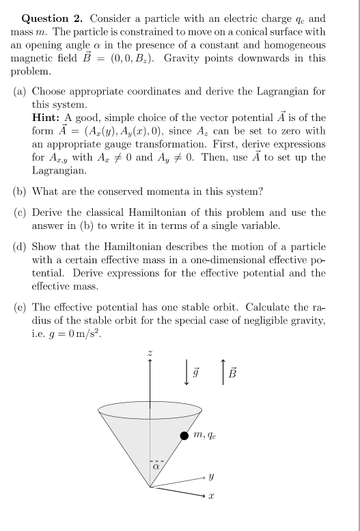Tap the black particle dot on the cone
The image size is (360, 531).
point(184,435)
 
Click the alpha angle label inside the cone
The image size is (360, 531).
point(156,467)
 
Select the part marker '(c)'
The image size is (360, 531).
point(22,213)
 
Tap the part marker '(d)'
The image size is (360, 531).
point(22,246)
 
